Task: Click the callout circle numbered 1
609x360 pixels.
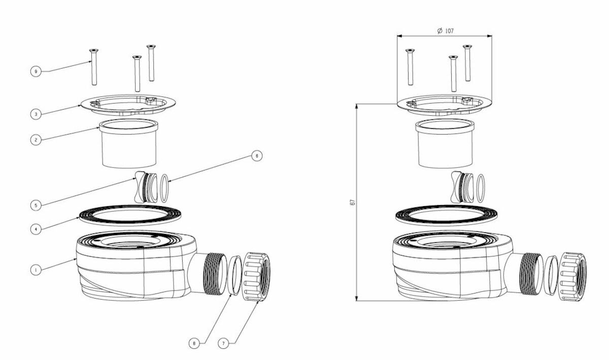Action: click(36, 270)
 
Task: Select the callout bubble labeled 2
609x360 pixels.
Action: click(36, 140)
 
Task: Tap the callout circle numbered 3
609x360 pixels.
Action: click(36, 114)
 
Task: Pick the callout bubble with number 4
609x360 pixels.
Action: click(36, 229)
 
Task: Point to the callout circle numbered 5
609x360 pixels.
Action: click(36, 205)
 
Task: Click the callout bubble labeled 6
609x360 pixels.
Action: click(257, 156)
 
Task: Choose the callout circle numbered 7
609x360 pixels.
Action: click(224, 344)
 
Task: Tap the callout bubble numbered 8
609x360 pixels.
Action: click(194, 344)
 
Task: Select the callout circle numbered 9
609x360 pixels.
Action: click(36, 72)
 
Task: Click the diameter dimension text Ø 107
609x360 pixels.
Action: click(446, 31)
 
